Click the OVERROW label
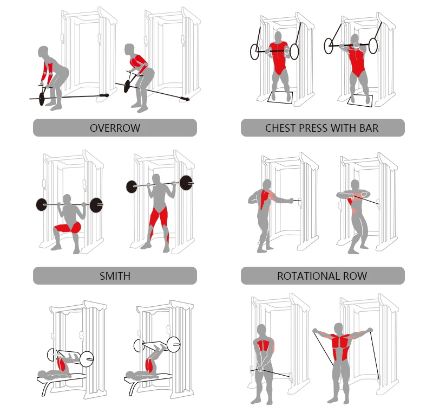(x=115, y=128)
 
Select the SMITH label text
(x=115, y=276)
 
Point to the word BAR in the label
(x=369, y=128)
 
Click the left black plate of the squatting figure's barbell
(x=42, y=204)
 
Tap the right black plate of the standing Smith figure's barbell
(x=186, y=183)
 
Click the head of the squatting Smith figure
(x=67, y=199)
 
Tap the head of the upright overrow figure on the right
(x=129, y=50)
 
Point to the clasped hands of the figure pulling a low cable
(x=260, y=368)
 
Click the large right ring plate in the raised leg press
(x=173, y=345)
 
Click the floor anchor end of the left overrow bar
(x=104, y=95)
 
